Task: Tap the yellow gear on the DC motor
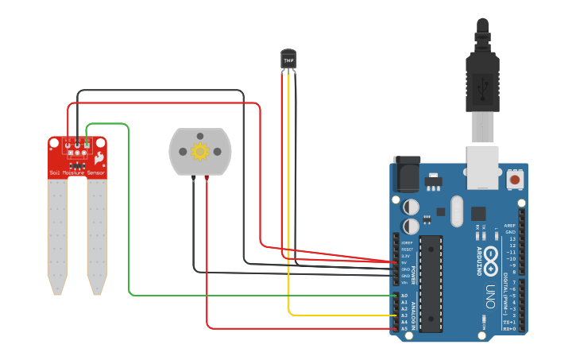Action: (200, 151)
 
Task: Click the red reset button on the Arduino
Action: (515, 180)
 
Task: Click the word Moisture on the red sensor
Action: (74, 172)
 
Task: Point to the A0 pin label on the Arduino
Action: (404, 296)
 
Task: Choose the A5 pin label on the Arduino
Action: (404, 328)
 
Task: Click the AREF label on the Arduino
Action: (510, 226)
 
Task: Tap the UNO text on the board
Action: (490, 295)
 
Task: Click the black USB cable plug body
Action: (482, 79)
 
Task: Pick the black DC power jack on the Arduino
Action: (408, 174)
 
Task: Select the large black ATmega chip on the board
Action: (431, 283)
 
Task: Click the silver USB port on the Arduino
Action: (482, 167)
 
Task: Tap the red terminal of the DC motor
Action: (207, 179)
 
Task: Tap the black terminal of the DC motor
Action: (193, 179)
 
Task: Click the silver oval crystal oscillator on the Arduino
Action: (455, 211)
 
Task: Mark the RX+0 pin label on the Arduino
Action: (509, 328)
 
